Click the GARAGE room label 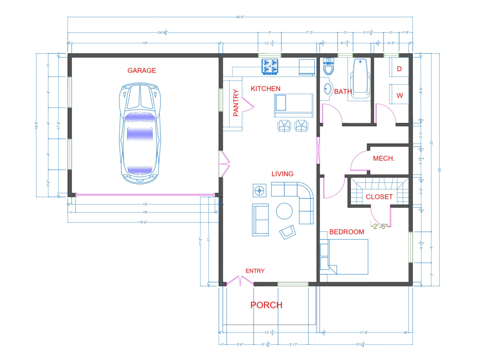point(142,71)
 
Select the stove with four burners point(270,67)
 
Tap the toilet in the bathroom point(329,67)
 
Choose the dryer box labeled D point(399,69)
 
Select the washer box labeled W point(399,95)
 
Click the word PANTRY point(236,103)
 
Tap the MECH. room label point(384,158)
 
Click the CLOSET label point(379,197)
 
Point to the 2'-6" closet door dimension point(380,226)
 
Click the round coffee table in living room point(284,211)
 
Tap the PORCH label point(266,305)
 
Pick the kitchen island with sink point(293,104)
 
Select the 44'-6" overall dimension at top point(240,17)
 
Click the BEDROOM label point(347,232)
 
